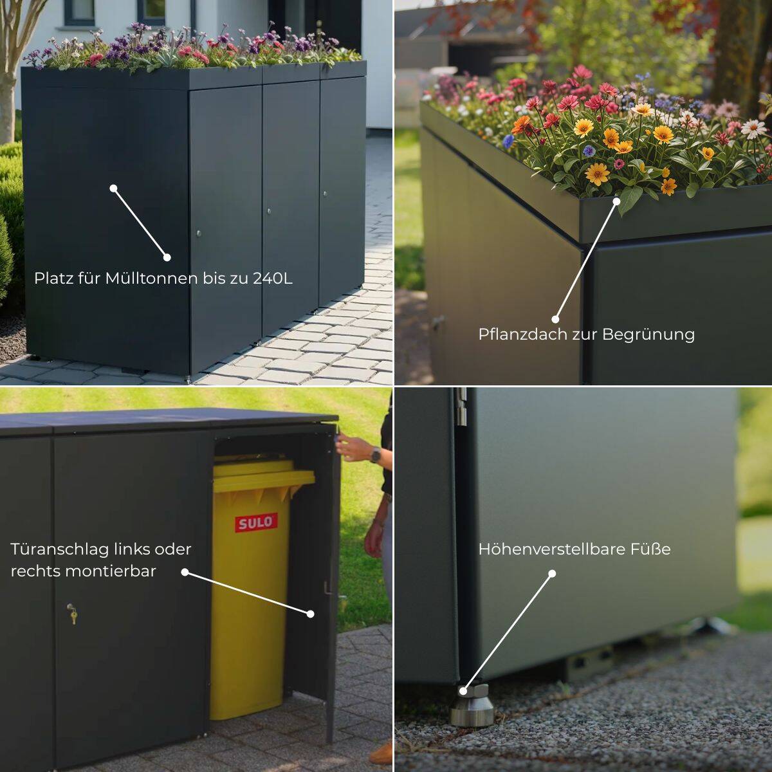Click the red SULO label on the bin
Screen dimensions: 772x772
(x=256, y=522)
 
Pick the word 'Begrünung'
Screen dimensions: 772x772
(x=648, y=335)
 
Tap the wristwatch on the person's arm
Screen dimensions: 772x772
(x=375, y=455)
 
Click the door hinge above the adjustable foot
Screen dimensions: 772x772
(x=462, y=407)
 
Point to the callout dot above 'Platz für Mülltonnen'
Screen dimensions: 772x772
(x=113, y=188)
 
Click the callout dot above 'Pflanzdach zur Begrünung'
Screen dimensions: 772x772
(x=617, y=201)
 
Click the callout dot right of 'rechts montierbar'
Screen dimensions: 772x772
(x=185, y=572)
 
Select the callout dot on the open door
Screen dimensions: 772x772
(x=311, y=614)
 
